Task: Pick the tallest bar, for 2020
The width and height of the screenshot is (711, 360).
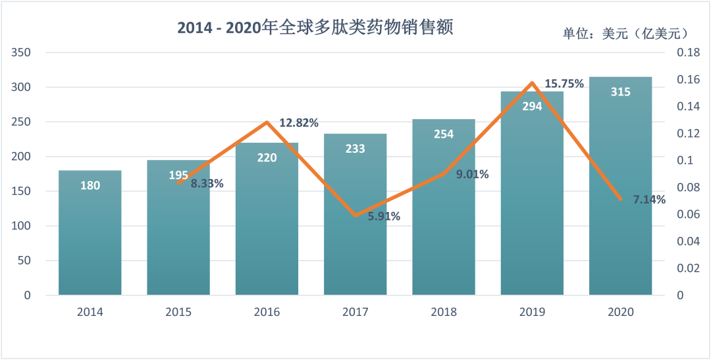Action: tap(620, 197)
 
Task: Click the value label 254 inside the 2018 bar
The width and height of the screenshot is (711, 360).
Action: tap(444, 134)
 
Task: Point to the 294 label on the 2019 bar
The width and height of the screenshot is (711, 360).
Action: tap(532, 106)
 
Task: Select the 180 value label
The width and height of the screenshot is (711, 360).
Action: tap(90, 186)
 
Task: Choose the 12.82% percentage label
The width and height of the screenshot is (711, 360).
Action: tap(299, 123)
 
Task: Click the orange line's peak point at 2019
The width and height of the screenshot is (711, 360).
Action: tap(532, 83)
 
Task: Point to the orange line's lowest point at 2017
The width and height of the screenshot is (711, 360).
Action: tap(355, 215)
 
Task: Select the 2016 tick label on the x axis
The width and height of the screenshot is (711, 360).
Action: tap(267, 312)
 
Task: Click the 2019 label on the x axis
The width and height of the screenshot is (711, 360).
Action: tap(532, 312)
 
